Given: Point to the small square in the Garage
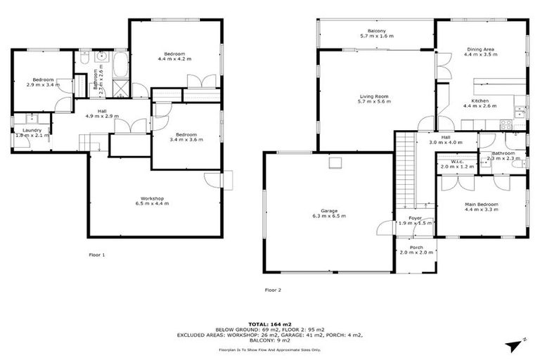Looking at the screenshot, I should click(x=335, y=163).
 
